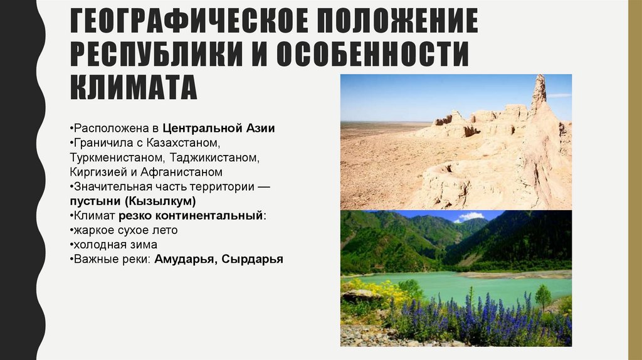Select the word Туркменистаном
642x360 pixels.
117,157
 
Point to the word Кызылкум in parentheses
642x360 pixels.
164,201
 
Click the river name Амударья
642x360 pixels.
180,258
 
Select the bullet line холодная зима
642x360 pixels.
113,244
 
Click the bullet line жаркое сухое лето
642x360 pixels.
124,230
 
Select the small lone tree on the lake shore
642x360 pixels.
543,296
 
